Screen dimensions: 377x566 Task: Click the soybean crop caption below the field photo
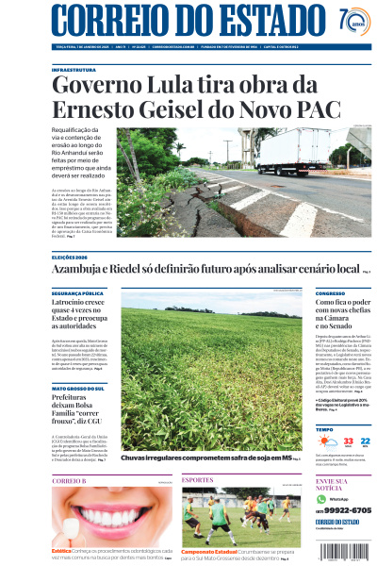[207, 458]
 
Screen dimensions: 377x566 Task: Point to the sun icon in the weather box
[326, 441]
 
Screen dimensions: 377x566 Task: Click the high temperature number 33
[349, 440]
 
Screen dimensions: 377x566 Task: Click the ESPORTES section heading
[198, 480]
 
